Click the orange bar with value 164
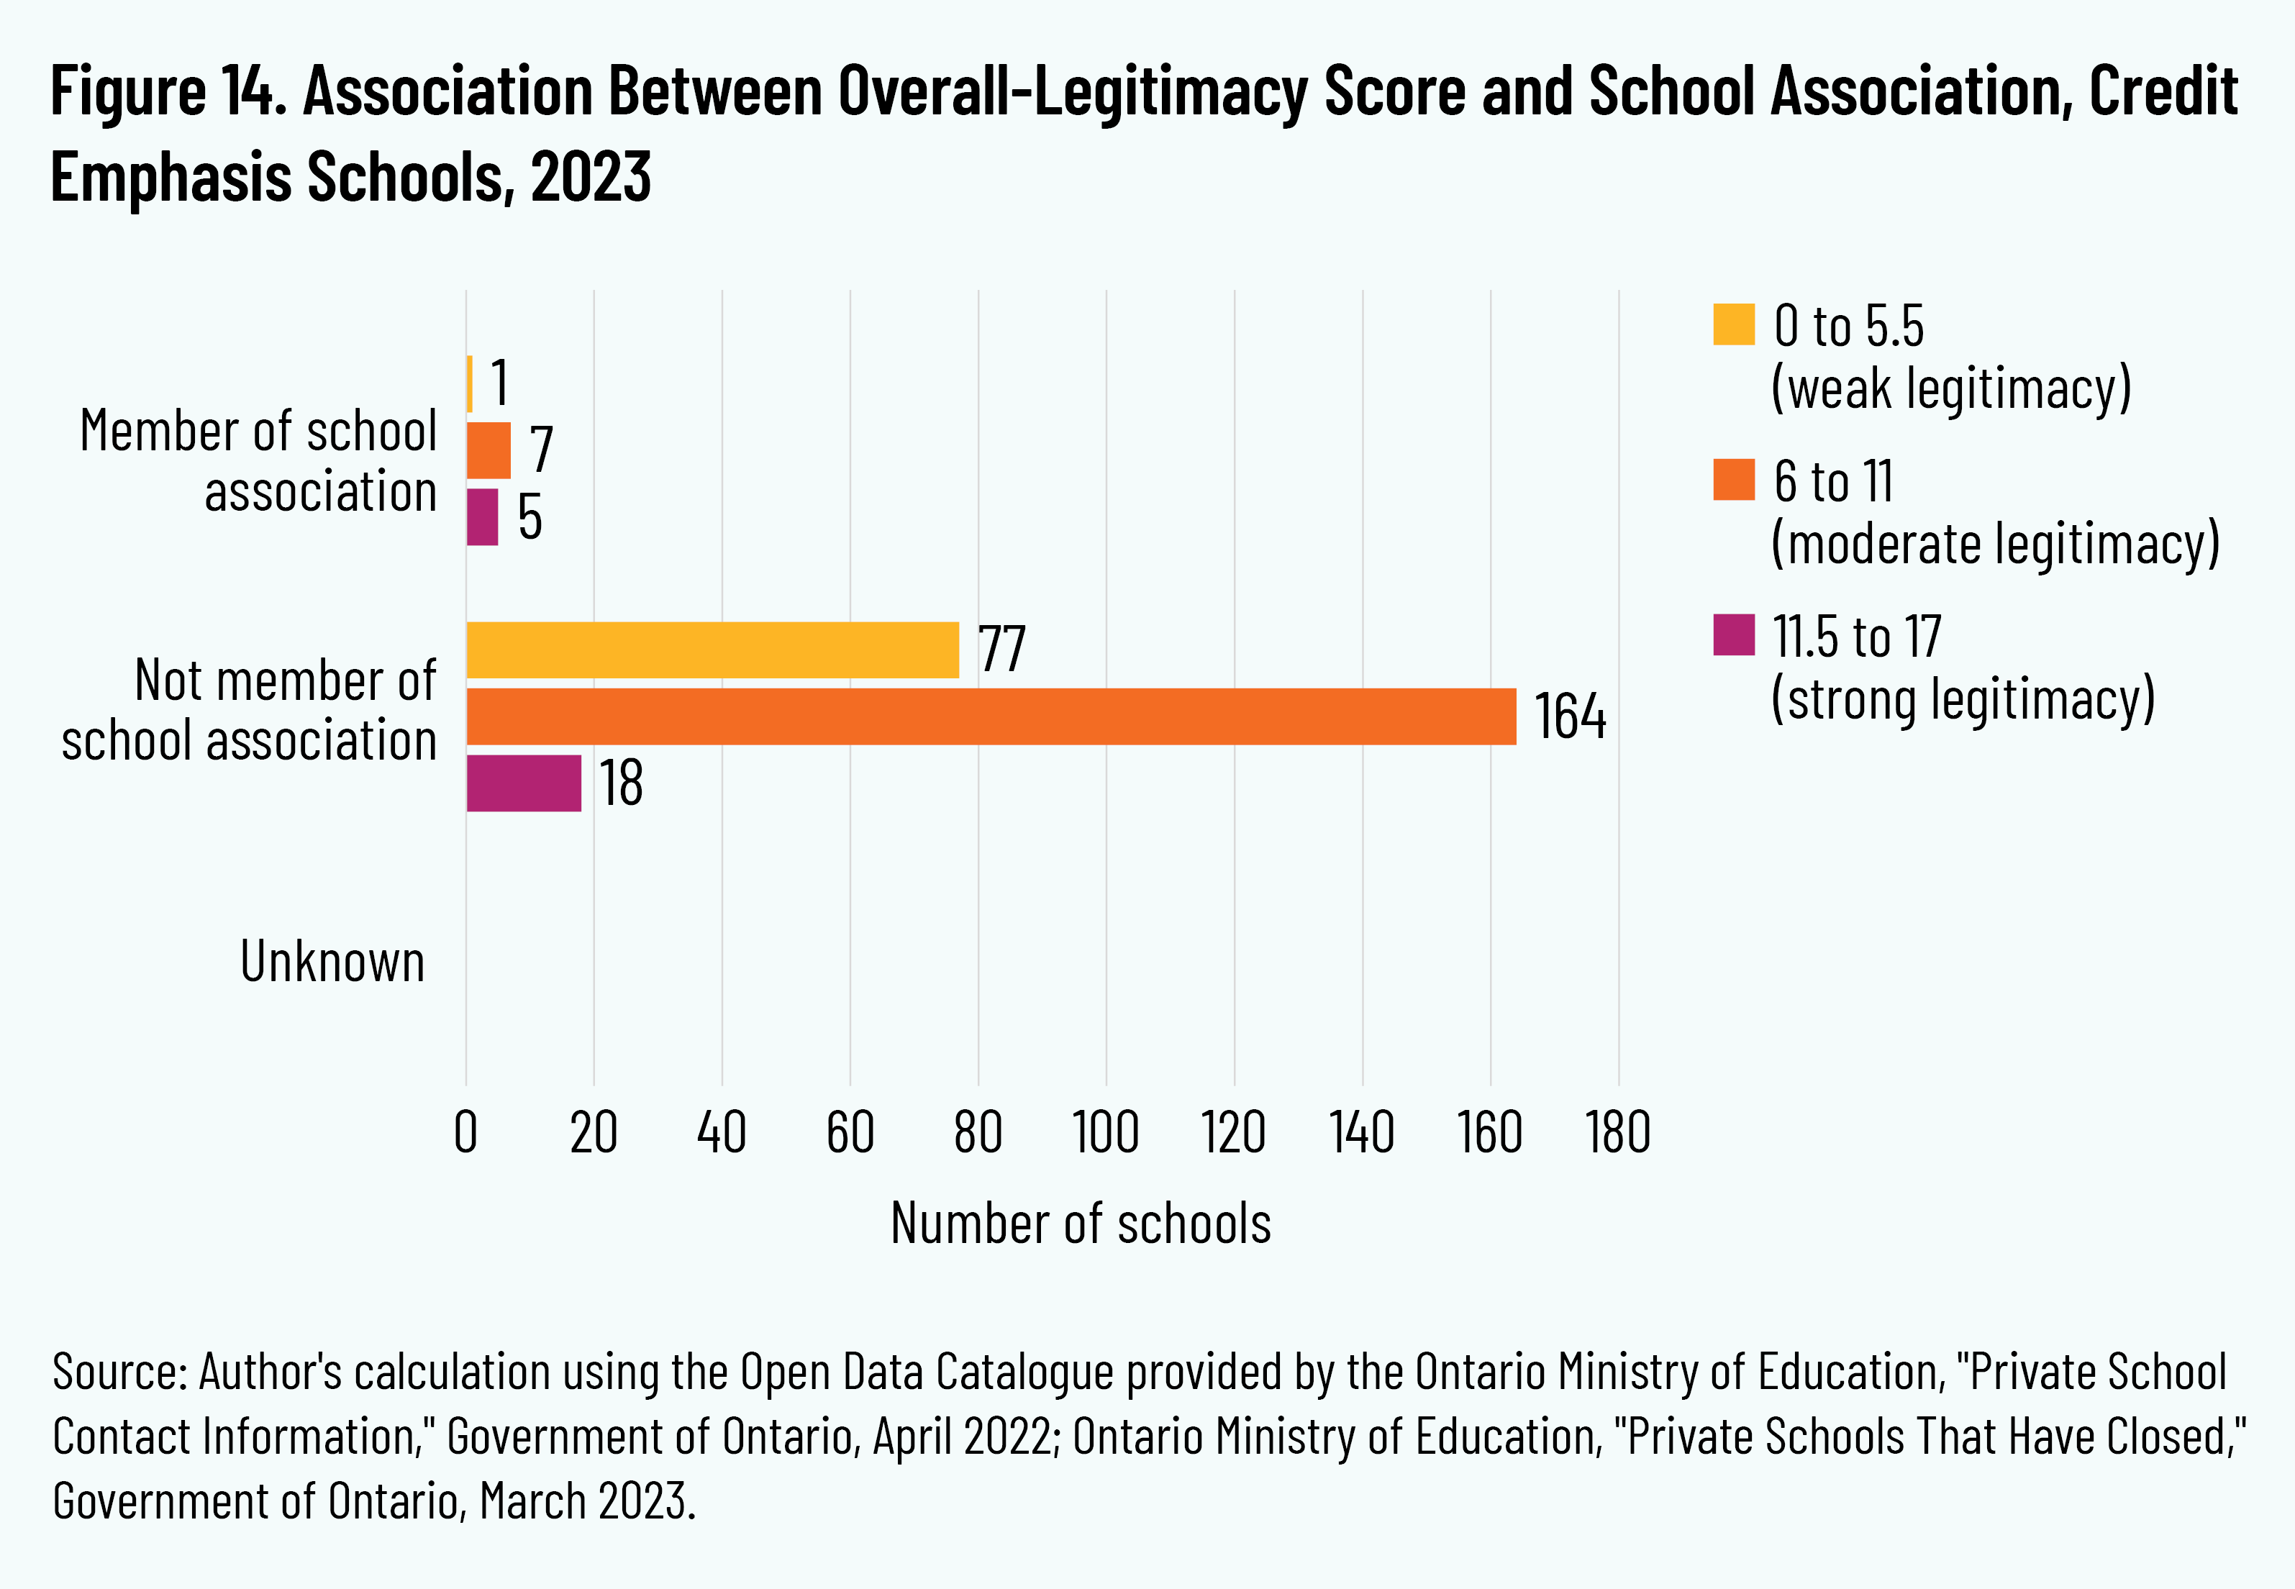pos(991,716)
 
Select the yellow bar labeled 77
pos(712,650)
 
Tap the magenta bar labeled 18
pos(524,783)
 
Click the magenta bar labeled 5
pos(483,516)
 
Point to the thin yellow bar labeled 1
pos(470,383)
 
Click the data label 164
pos(1569,716)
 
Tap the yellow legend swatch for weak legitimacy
pos(1733,324)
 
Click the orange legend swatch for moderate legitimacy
pos(1733,479)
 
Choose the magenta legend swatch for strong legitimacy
pos(1733,635)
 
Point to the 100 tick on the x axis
pos(1105,1133)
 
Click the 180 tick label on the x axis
pos(1618,1133)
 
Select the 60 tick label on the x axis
pos(850,1133)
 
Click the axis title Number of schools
pos(1081,1224)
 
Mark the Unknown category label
pos(332,962)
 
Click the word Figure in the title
pos(127,91)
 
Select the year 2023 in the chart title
pos(591,177)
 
